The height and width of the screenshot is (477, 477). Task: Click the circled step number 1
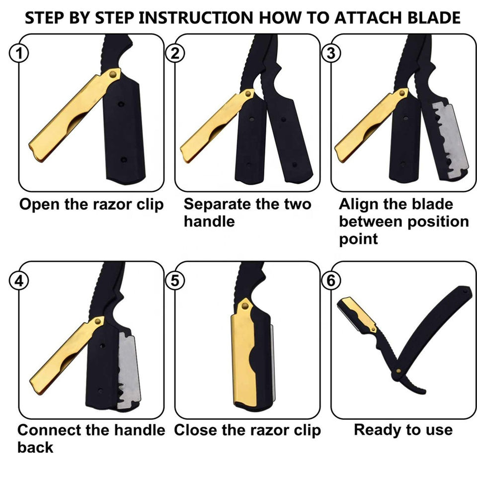pyautogui.click(x=19, y=54)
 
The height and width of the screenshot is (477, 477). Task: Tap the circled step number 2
pyautogui.click(x=175, y=54)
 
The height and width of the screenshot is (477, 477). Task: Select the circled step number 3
pyautogui.click(x=331, y=54)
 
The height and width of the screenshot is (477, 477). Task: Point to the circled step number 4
pyautogui.click(x=19, y=280)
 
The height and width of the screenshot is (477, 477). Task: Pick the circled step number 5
pyautogui.click(x=175, y=280)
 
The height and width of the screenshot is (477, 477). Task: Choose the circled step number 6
pyautogui.click(x=331, y=280)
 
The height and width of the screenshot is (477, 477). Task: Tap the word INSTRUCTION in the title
pyautogui.click(x=196, y=18)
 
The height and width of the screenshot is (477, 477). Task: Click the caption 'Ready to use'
pyautogui.click(x=403, y=430)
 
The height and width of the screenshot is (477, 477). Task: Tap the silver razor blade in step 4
pyautogui.click(x=129, y=370)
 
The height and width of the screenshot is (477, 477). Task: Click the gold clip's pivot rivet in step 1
pyautogui.click(x=113, y=74)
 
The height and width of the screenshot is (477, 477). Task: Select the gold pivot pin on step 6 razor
pyautogui.click(x=398, y=371)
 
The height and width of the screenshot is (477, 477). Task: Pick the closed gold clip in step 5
pyautogui.click(x=243, y=353)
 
